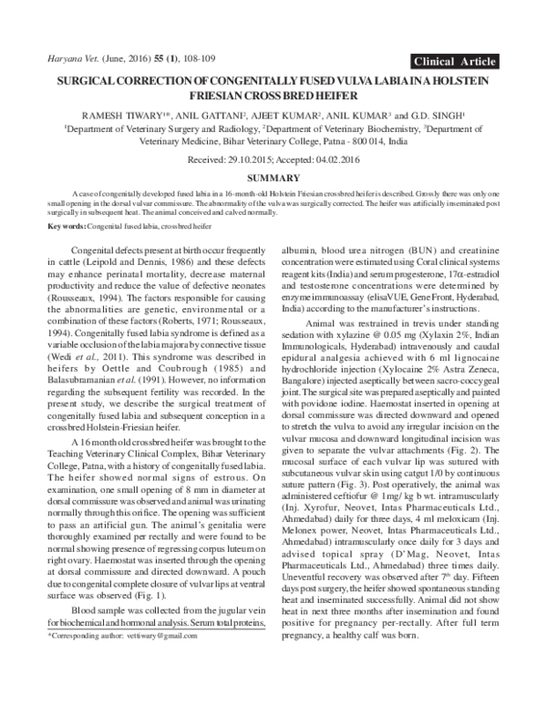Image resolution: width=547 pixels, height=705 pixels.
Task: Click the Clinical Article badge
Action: click(x=453, y=62)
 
